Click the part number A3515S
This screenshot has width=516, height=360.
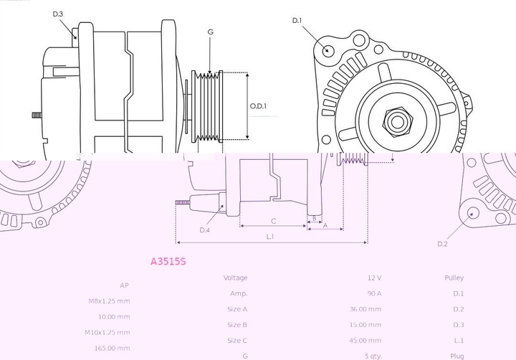[168, 262]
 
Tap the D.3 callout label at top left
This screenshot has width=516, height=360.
[58, 14]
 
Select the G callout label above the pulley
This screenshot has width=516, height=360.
[210, 32]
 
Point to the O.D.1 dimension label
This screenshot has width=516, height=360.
[258, 107]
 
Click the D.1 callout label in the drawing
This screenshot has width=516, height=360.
[297, 21]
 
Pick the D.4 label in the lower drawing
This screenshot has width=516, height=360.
[204, 230]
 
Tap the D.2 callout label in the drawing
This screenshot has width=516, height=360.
[443, 244]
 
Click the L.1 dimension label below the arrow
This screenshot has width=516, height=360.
[271, 236]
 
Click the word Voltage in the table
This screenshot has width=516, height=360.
[235, 278]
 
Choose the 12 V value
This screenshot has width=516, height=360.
[374, 278]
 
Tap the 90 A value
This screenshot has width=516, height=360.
[374, 293]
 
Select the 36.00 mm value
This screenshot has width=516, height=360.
[365, 309]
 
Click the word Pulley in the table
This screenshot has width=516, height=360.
[454, 278]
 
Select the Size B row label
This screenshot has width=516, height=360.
[237, 325]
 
